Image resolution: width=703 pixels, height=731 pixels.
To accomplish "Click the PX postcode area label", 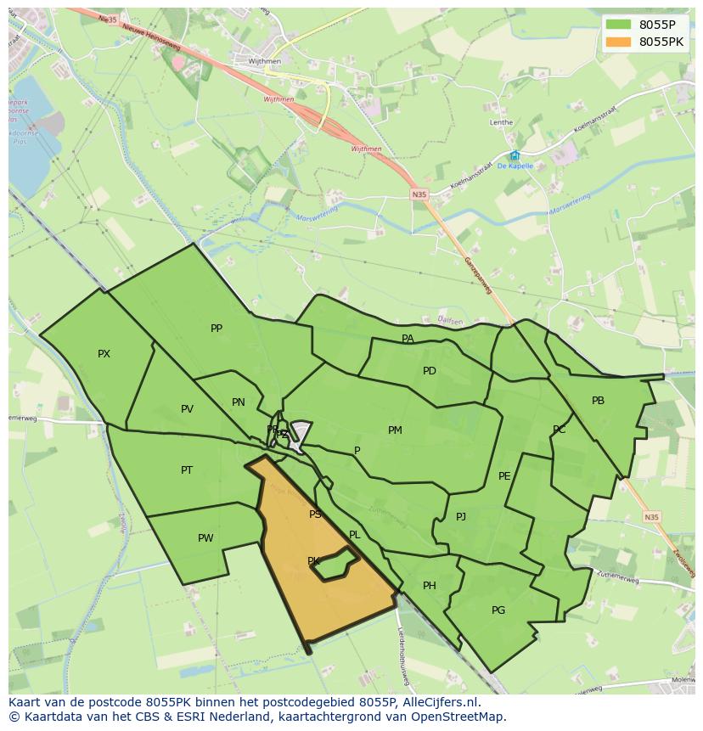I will pos(104,354).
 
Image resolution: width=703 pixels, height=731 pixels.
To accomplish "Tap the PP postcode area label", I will pos(217,329).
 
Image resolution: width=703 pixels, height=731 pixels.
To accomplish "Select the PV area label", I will pos(187,409).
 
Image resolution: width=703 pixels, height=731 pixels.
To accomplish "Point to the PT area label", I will pos(187,470).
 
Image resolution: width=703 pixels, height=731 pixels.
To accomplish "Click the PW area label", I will pos(205,538).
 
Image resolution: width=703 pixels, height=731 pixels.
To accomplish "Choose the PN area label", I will pos(239,402).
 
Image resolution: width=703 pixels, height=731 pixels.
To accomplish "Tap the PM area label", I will pos(395,430).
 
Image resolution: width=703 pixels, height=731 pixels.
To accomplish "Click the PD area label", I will pos(430,371).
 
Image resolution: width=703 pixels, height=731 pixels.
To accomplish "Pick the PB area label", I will pos(599,401).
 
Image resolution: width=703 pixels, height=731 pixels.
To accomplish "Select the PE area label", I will pos(504,476).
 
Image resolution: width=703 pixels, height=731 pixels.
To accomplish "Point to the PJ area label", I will pos(461,516).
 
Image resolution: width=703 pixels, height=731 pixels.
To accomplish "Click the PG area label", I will pos(498,610).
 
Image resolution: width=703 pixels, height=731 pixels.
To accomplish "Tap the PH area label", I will pos(430,586).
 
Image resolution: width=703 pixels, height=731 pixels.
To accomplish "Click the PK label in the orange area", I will pos(313,561).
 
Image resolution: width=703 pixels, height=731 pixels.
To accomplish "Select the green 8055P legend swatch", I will pos(619,25).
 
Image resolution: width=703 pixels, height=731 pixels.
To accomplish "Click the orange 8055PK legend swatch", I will pos(619,42).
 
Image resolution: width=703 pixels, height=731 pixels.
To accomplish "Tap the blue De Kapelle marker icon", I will pos(515,155).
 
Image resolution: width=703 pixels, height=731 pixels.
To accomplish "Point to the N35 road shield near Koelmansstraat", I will pos(419,194).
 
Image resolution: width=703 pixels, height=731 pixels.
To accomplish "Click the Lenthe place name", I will pos(501,122).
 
